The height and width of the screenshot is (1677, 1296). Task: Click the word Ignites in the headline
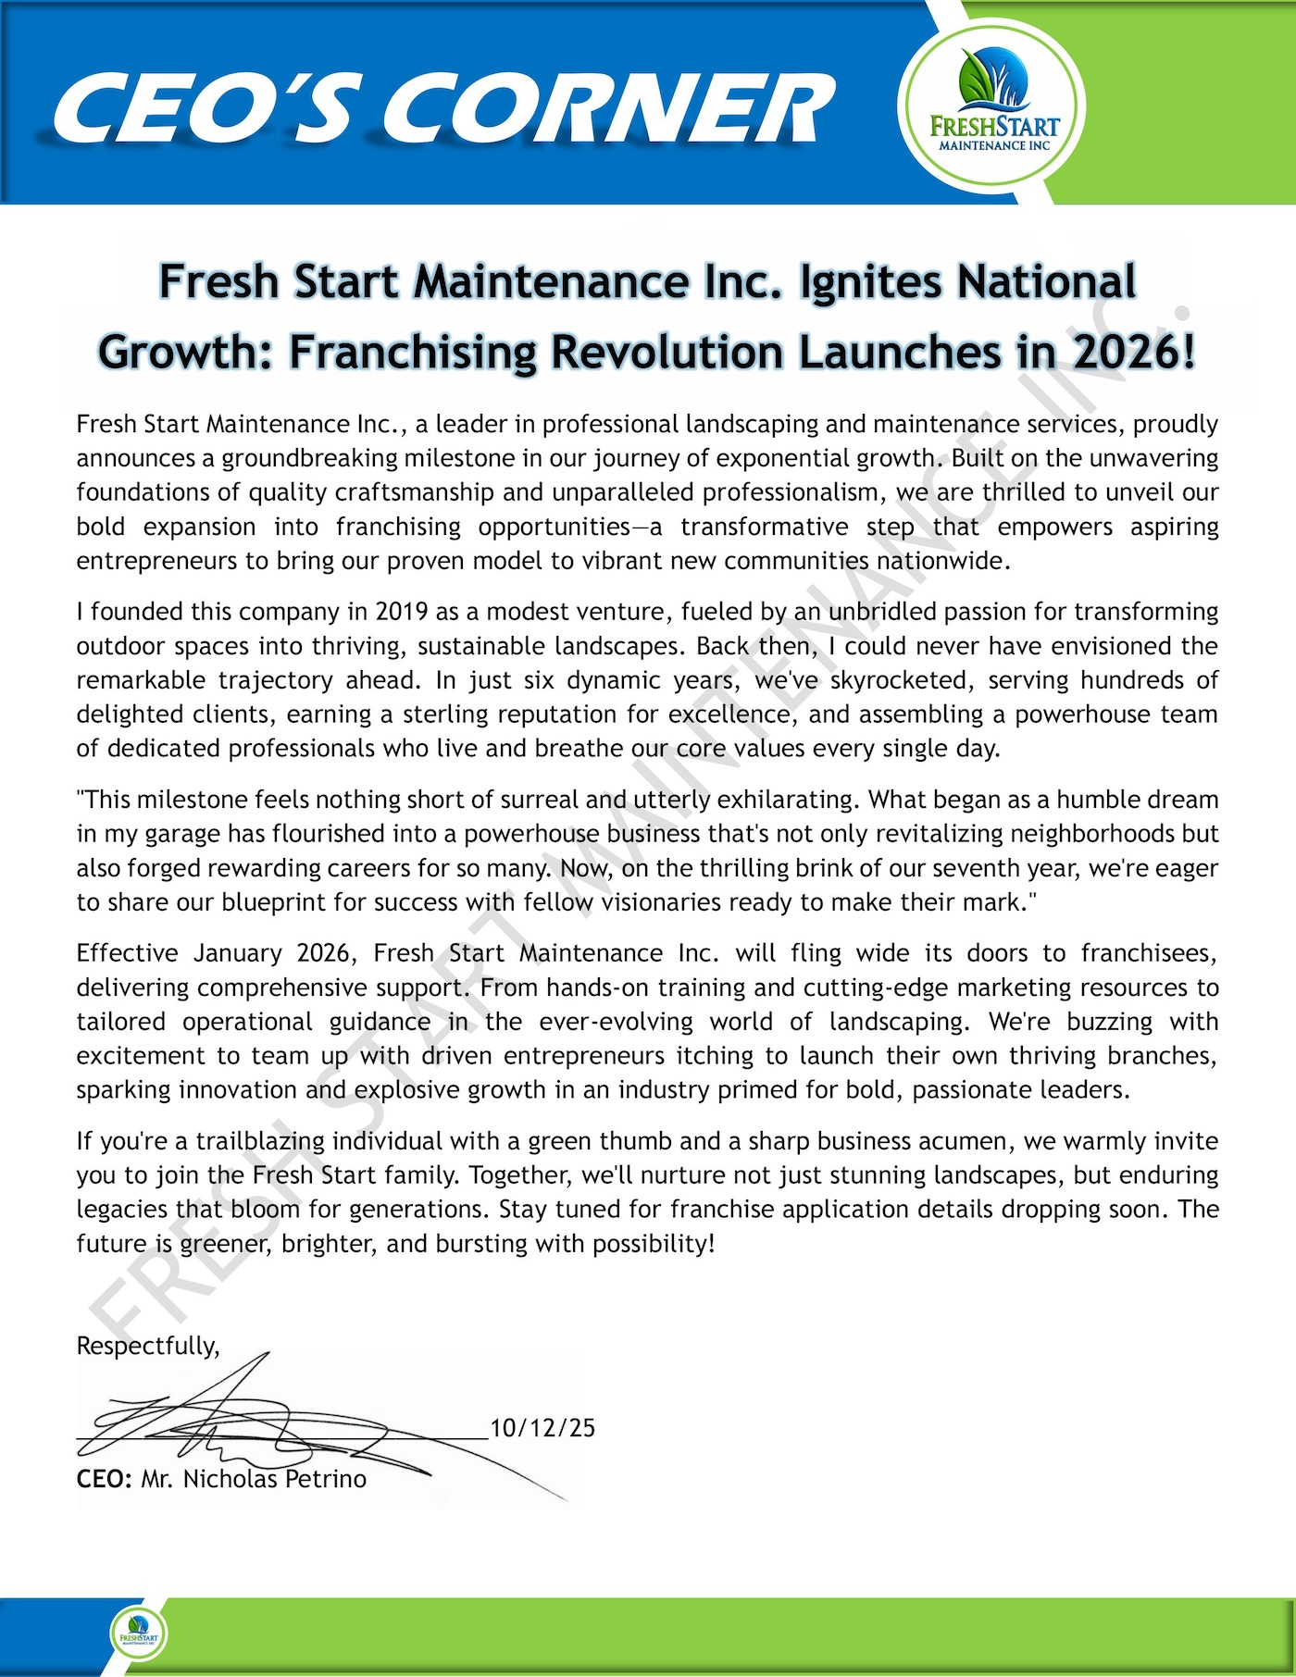click(x=870, y=281)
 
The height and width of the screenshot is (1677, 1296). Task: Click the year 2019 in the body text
click(x=401, y=612)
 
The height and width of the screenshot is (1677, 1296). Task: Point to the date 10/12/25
click(x=542, y=1428)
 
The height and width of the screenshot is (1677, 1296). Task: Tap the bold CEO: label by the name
click(x=105, y=1479)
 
